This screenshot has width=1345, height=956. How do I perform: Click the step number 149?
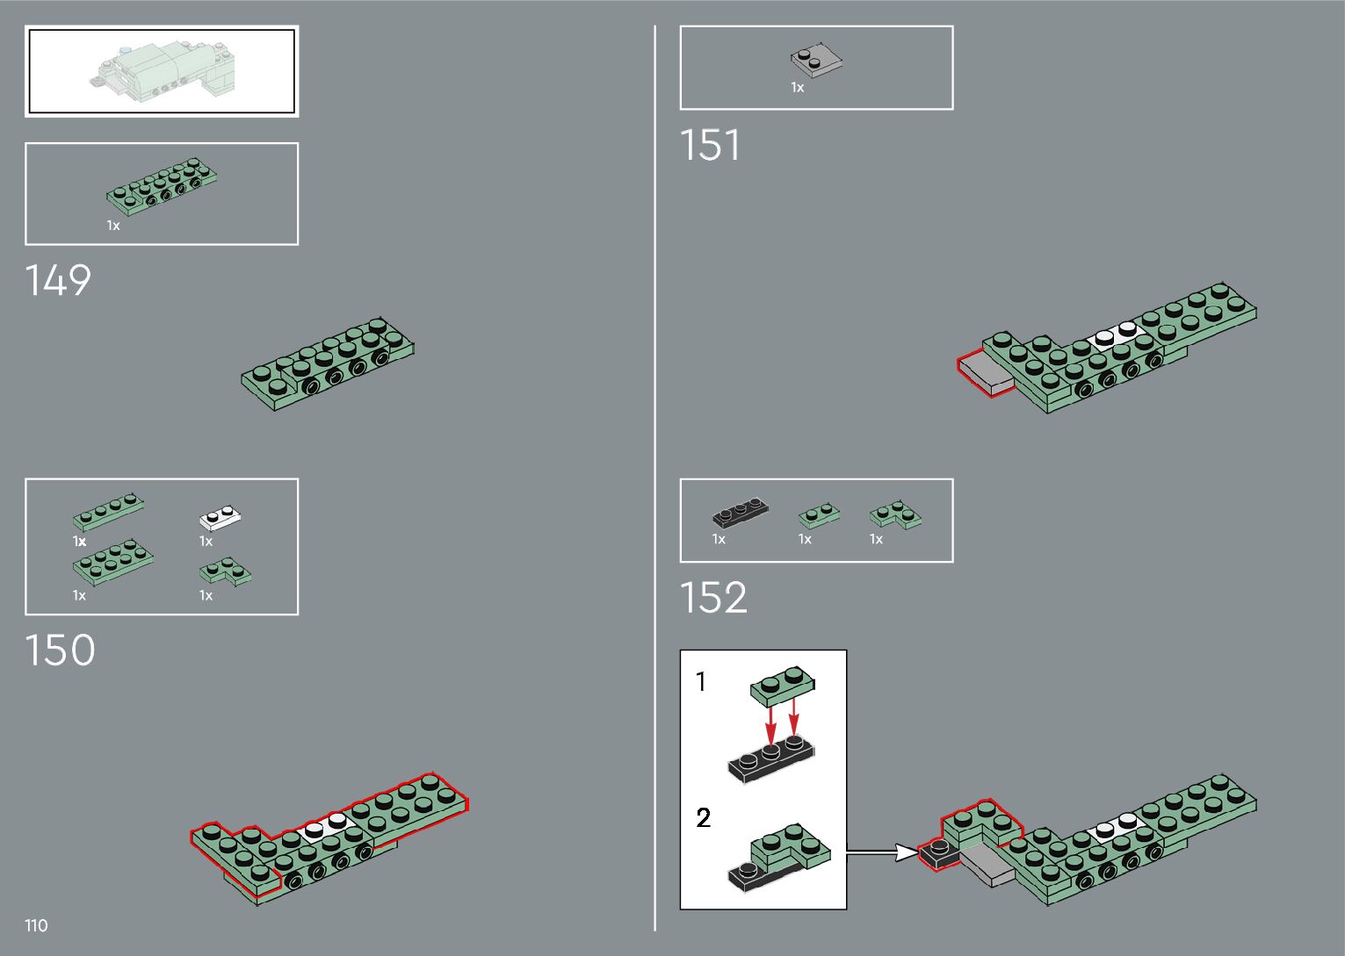(x=58, y=280)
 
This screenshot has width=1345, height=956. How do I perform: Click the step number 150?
(x=60, y=650)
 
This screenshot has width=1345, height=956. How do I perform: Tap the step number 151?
(x=711, y=145)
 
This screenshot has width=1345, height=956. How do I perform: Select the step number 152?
(x=714, y=598)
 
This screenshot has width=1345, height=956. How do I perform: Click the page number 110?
(x=36, y=925)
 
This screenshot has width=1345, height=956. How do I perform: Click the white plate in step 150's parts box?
(x=221, y=518)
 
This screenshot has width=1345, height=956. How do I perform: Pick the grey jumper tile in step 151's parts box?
(x=816, y=60)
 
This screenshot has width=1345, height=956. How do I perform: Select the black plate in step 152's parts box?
(x=740, y=512)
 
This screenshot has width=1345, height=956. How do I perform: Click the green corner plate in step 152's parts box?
(x=896, y=515)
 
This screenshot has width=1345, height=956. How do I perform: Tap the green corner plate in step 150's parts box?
(x=225, y=571)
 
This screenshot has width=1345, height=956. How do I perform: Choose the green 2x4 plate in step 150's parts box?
(x=112, y=562)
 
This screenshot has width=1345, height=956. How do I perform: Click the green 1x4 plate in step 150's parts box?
(x=108, y=512)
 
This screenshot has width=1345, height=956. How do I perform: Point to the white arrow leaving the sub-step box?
(x=882, y=852)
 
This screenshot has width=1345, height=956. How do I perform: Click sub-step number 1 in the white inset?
(x=701, y=682)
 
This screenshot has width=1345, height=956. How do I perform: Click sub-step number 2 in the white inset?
(x=703, y=817)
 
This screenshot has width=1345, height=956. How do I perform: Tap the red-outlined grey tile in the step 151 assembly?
(x=986, y=374)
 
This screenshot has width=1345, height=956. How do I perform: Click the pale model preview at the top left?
(x=163, y=71)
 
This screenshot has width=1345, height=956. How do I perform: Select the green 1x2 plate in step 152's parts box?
(x=819, y=515)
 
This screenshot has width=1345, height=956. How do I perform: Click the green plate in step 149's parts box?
(x=162, y=186)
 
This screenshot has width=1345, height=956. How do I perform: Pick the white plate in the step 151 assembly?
(x=1117, y=335)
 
